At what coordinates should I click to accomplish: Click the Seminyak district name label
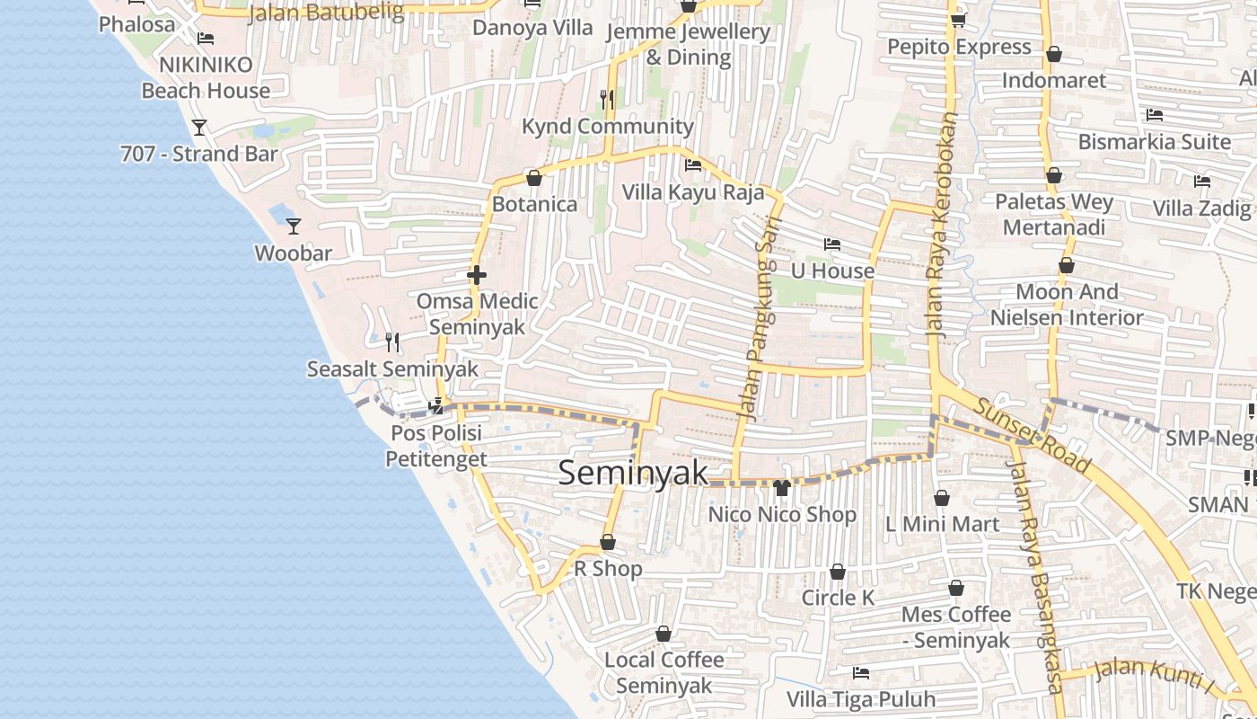tap(633, 473)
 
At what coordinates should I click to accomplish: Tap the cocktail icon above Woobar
tap(293, 226)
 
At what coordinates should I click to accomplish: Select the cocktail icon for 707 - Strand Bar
tap(199, 128)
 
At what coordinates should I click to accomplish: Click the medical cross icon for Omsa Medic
tap(477, 275)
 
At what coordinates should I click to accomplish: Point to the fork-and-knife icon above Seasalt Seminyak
tap(392, 342)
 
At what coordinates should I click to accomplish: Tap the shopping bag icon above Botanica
tap(534, 178)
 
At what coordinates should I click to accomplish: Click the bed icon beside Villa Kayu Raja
tap(693, 165)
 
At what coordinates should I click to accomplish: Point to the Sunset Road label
tap(1033, 436)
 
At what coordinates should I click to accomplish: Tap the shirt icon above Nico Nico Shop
tap(781, 488)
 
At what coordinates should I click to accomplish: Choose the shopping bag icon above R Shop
tap(608, 542)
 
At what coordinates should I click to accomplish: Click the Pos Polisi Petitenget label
tap(436, 446)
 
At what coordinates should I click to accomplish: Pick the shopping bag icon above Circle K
tap(838, 572)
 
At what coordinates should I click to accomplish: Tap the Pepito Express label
tap(959, 47)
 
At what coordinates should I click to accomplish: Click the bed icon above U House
tap(832, 244)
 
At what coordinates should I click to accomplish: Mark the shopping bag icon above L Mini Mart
tap(942, 497)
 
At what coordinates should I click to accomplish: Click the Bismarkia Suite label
tap(1155, 141)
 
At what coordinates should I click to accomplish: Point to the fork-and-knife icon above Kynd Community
tap(607, 99)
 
